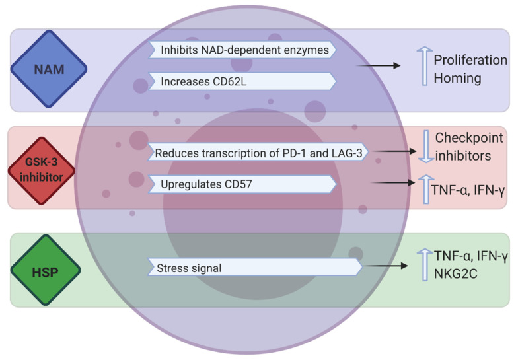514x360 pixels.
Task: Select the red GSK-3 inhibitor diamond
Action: coord(41,169)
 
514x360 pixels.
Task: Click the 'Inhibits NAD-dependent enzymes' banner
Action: coord(243,50)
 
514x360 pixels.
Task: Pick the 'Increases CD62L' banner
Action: coord(243,81)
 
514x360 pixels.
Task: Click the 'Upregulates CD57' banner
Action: coord(243,184)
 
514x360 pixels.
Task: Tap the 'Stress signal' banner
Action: coord(255,268)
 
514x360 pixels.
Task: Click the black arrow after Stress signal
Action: coord(386,266)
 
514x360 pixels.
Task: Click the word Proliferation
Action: coord(470,61)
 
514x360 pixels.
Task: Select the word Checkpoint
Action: coord(469,138)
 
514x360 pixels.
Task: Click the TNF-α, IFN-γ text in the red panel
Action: coord(468,190)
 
